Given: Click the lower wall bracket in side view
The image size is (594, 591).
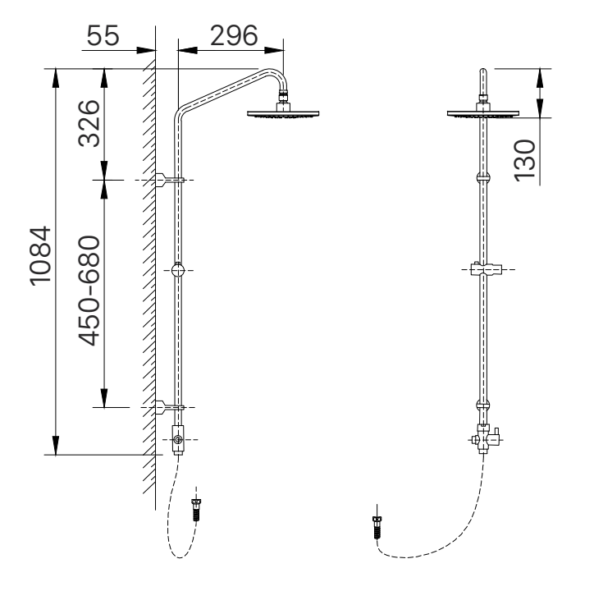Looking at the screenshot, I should [169, 405].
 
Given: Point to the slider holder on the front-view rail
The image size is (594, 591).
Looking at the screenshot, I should [482, 269].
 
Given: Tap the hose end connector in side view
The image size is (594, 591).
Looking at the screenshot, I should [195, 508].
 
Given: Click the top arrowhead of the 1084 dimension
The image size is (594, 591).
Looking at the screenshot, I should [55, 75].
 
